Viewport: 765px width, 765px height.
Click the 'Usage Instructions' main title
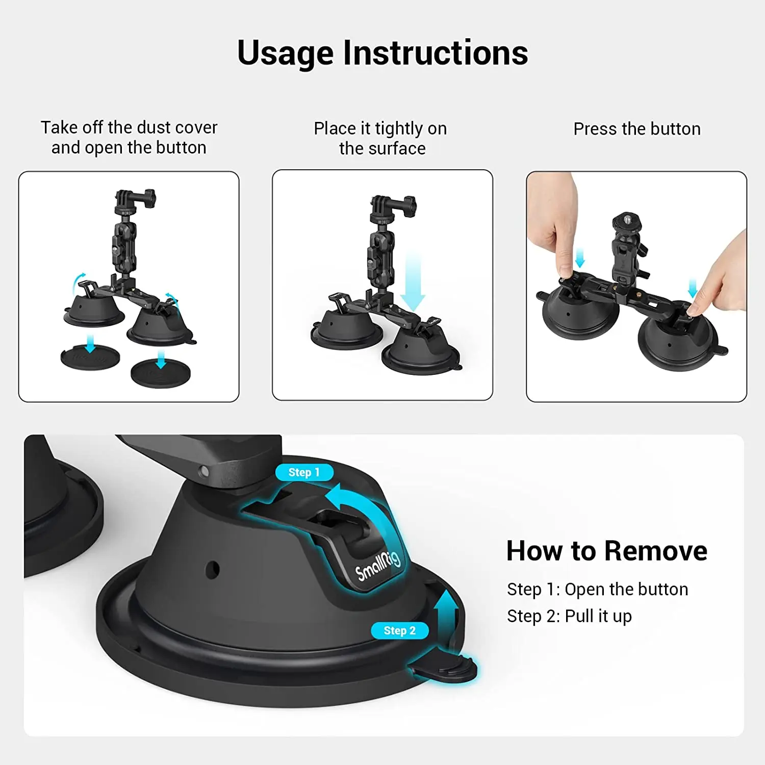[x=382, y=53]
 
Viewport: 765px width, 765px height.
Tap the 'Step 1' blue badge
[x=304, y=472]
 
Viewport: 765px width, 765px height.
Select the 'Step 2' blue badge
[x=399, y=630]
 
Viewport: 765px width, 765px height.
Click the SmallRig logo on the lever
[x=378, y=566]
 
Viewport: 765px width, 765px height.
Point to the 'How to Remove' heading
[x=606, y=551]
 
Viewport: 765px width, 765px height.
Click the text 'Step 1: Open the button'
[x=597, y=589]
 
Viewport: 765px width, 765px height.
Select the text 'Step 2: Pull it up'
[x=569, y=616]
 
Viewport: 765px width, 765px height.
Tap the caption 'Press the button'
[x=636, y=129]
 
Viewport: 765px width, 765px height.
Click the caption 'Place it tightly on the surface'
[x=381, y=138]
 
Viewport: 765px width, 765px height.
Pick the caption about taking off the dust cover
[x=129, y=137]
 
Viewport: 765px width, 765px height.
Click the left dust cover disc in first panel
[x=90, y=357]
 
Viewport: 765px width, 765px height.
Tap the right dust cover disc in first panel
[x=161, y=374]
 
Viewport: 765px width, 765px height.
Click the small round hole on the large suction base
[x=212, y=569]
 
